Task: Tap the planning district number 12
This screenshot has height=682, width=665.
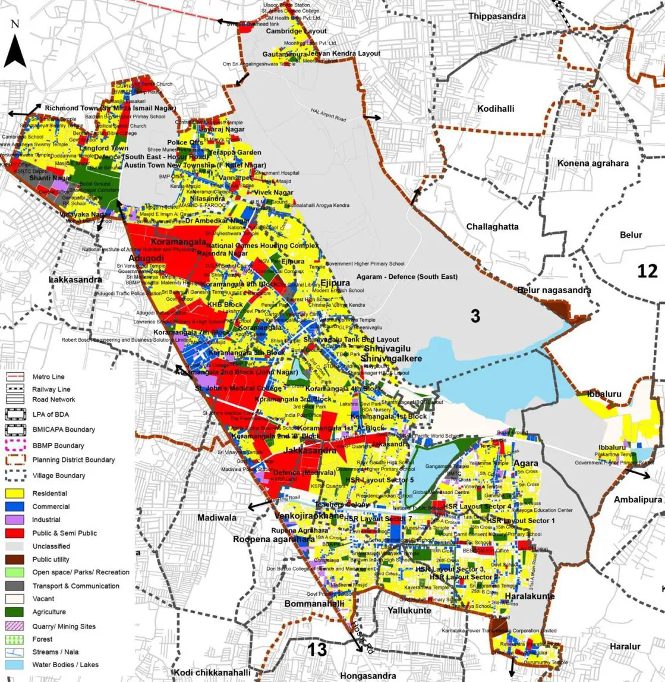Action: point(647,271)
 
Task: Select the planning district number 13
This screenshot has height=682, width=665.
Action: point(317,649)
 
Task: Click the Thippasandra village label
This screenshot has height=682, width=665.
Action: point(497,16)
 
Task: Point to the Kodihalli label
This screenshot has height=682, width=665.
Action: point(496,109)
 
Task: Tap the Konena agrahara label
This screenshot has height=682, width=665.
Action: point(592,163)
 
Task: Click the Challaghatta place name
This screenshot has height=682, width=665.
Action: point(492,227)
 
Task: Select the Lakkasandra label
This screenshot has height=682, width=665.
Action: point(75,279)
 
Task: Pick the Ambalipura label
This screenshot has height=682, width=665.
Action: point(638,499)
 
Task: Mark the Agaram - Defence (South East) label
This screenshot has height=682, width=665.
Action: point(407,277)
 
